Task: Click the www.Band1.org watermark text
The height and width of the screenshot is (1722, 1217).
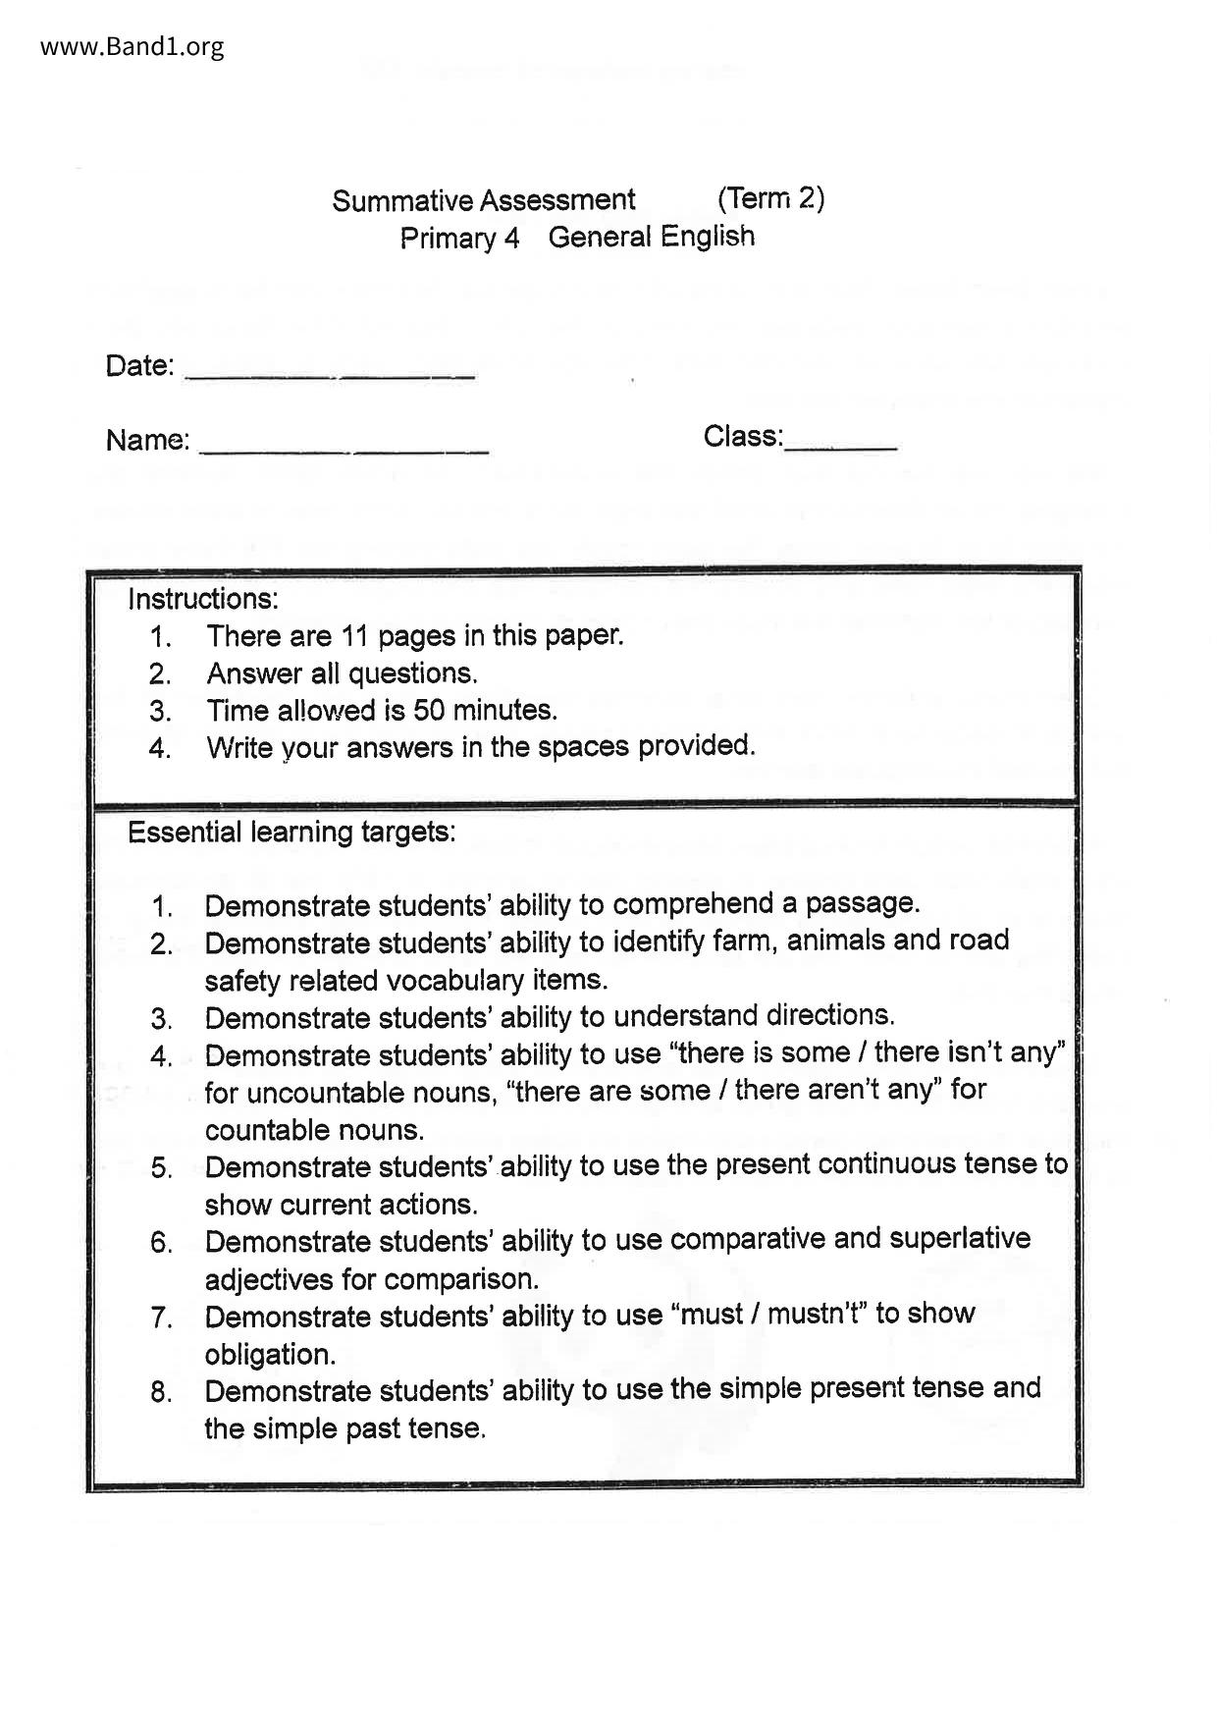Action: click(132, 46)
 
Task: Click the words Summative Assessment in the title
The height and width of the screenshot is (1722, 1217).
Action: click(483, 200)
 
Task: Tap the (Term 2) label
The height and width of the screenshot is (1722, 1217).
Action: click(770, 198)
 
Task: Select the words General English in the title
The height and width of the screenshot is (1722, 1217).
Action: click(652, 237)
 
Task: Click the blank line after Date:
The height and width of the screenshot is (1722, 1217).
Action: click(330, 373)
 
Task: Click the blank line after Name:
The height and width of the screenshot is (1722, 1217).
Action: click(344, 448)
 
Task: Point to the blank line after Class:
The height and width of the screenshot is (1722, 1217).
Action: click(841, 445)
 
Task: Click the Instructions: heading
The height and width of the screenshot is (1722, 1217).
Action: click(203, 598)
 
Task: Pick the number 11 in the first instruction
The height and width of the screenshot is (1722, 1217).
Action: click(353, 636)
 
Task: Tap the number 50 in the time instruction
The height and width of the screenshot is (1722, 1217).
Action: click(429, 710)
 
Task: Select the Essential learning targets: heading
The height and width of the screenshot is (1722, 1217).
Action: click(291, 833)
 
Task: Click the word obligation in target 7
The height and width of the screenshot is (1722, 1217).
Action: click(270, 1355)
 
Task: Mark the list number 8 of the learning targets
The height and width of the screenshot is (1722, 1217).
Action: click(161, 1392)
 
